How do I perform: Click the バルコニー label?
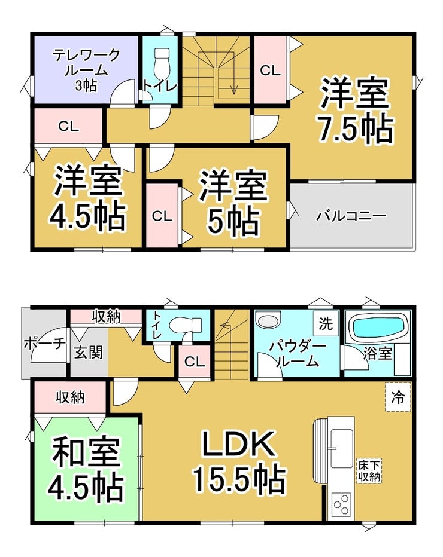tap(351, 216)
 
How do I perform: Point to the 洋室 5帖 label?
tap(233, 203)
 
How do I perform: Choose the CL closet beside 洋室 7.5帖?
tap(270, 70)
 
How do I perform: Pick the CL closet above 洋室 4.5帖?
tap(68, 126)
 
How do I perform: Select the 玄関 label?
tap(88, 351)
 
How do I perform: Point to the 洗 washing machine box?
tap(325, 325)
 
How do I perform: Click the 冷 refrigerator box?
tap(398, 396)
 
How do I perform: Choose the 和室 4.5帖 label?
tap(87, 470)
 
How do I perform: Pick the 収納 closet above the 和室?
tap(70, 396)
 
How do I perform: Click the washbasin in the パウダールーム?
tap(267, 321)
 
